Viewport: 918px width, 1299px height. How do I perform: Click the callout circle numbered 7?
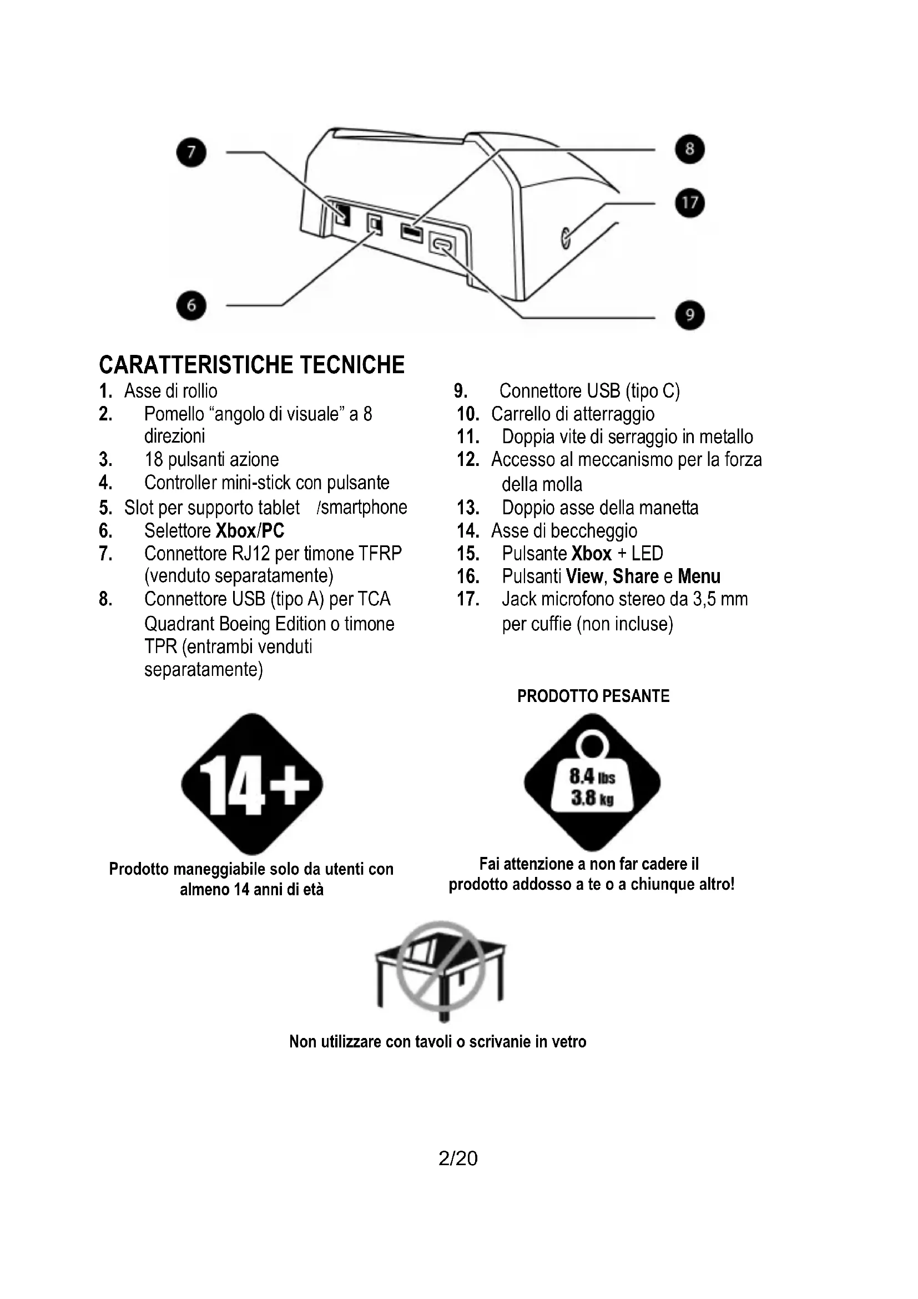191,152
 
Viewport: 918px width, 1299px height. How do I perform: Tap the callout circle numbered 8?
690,149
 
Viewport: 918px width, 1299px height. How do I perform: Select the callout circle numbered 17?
690,203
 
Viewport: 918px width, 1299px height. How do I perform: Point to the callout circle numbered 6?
191,305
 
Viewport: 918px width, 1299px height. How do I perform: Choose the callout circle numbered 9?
690,315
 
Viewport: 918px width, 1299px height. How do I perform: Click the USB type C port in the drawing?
442,244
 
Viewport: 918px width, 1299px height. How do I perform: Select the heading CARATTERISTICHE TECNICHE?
251,365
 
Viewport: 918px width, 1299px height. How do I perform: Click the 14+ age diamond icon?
252,784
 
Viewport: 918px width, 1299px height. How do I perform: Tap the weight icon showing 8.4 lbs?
592,783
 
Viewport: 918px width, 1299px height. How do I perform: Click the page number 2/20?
458,1158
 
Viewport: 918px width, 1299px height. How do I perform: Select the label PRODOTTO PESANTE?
593,696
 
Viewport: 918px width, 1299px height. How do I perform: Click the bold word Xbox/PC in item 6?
250,531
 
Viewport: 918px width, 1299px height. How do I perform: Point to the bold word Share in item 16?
635,576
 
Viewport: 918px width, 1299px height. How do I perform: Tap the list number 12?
468,459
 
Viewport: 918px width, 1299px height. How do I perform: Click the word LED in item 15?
647,553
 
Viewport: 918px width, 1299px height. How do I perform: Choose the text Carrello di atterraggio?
573,414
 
